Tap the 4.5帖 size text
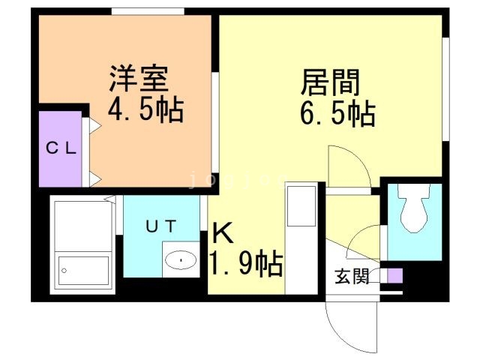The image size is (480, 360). click(146, 110)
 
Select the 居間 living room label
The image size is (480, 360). click(331, 80)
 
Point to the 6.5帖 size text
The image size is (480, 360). click(337, 114)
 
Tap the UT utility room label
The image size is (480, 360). click(160, 224)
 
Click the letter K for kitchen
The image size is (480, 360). click(223, 233)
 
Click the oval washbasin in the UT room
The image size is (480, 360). click(181, 260)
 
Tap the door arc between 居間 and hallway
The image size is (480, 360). click(346, 166)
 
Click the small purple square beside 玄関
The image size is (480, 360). click(394, 275)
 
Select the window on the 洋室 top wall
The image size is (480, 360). click(148, 10)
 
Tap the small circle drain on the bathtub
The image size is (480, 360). click(64, 268)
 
